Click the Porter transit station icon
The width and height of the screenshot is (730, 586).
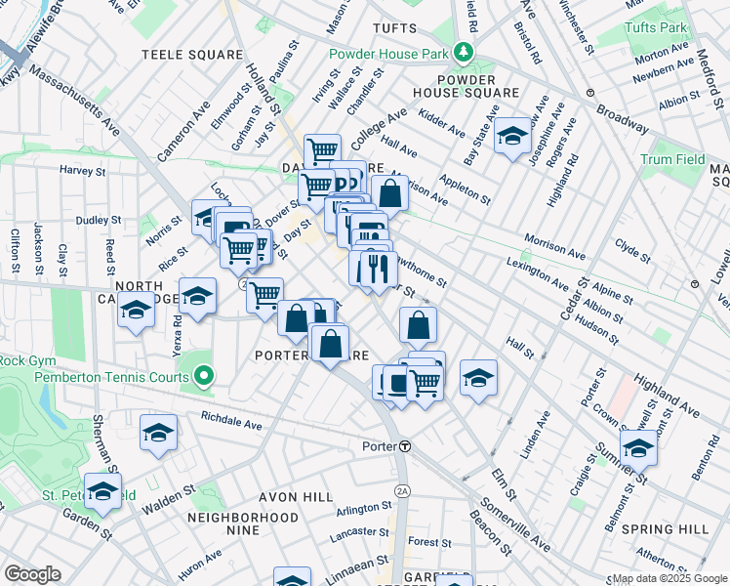pos(404,445)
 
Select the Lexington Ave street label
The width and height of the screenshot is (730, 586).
pos(537,274)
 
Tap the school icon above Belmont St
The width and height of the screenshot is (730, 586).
pos(638,447)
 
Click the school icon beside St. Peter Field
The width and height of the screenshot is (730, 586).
pos(102,490)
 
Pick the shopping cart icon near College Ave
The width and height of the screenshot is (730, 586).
pos(322,151)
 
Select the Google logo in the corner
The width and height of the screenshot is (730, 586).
pos(33,574)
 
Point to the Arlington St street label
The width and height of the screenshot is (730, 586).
pos(362,509)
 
